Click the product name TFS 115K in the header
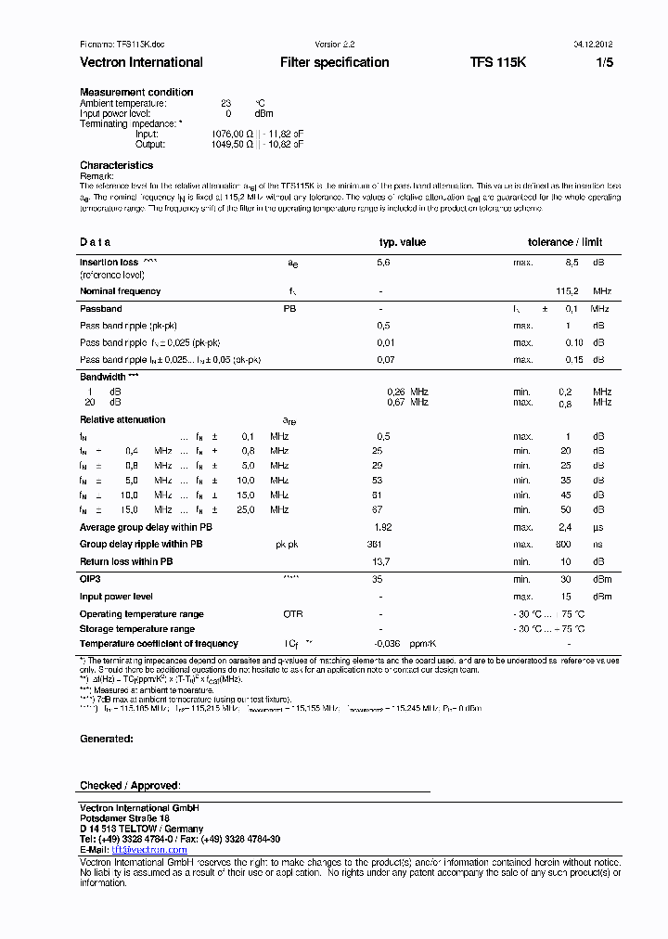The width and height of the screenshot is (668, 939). [497, 62]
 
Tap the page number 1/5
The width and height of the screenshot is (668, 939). [604, 62]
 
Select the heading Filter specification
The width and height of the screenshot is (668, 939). [334, 62]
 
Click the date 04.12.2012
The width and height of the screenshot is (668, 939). [591, 44]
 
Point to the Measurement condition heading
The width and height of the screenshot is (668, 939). [136, 92]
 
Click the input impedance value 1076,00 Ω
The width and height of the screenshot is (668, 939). [232, 134]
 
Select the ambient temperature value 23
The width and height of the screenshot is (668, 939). [225, 103]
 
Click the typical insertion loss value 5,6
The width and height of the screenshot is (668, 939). [383, 263]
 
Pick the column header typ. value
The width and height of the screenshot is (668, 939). [402, 242]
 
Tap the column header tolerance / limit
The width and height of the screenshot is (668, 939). [565, 242]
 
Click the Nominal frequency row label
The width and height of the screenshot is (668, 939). [120, 291]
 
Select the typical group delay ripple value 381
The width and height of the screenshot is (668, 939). [375, 545]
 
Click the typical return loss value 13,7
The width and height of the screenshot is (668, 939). [379, 561]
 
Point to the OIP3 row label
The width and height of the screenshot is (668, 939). [90, 578]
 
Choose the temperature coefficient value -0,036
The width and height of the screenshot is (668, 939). [387, 643]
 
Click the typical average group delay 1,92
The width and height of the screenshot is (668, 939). [382, 527]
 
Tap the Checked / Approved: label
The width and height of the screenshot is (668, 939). [130, 785]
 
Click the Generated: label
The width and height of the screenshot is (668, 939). [106, 739]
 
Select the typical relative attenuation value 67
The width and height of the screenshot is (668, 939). [377, 509]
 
